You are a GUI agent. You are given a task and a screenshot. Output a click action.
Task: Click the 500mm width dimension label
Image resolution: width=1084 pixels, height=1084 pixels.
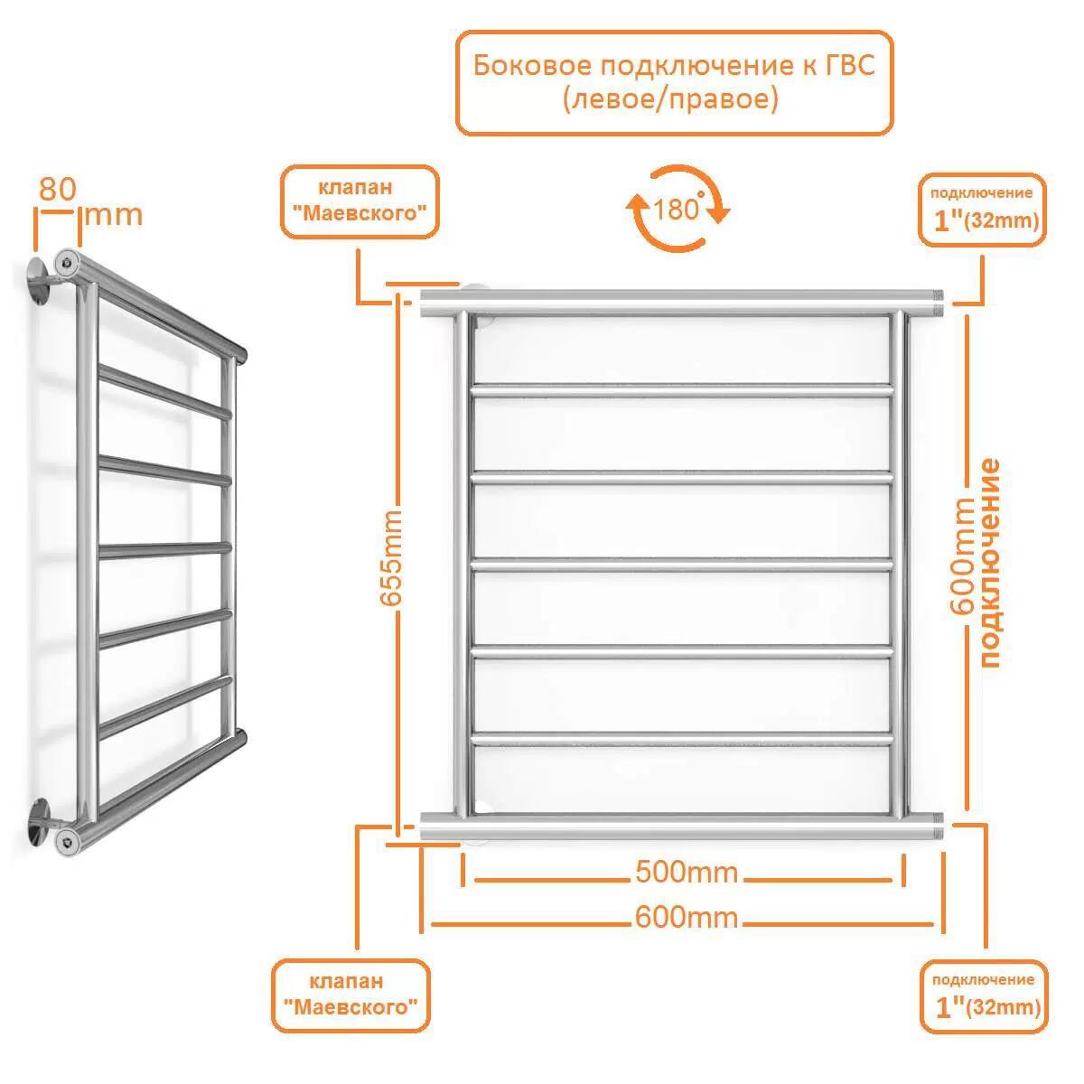click(687, 873)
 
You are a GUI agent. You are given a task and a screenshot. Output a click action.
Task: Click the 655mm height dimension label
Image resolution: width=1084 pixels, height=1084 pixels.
click(391, 560)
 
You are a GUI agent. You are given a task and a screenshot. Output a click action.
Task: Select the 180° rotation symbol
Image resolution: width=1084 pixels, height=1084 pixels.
click(677, 209)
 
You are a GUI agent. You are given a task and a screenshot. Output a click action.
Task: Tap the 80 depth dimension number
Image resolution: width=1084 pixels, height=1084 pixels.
click(56, 189)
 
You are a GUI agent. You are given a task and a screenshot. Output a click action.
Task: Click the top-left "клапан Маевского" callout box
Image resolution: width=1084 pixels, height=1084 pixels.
click(360, 201)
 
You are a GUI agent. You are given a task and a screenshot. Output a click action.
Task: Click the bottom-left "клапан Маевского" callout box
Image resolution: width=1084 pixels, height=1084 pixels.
click(350, 995)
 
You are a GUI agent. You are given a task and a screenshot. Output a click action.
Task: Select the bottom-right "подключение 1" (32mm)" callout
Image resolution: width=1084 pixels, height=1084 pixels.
click(984, 995)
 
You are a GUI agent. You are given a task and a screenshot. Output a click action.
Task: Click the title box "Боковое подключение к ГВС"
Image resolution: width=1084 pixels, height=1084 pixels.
click(674, 82)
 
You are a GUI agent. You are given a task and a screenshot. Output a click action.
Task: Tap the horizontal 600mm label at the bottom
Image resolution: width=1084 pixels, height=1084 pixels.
click(687, 919)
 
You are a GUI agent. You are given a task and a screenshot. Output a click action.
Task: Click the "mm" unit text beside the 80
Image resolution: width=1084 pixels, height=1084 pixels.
click(112, 216)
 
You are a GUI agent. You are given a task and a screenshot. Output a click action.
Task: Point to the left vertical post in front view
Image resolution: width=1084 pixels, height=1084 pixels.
click(461, 560)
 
